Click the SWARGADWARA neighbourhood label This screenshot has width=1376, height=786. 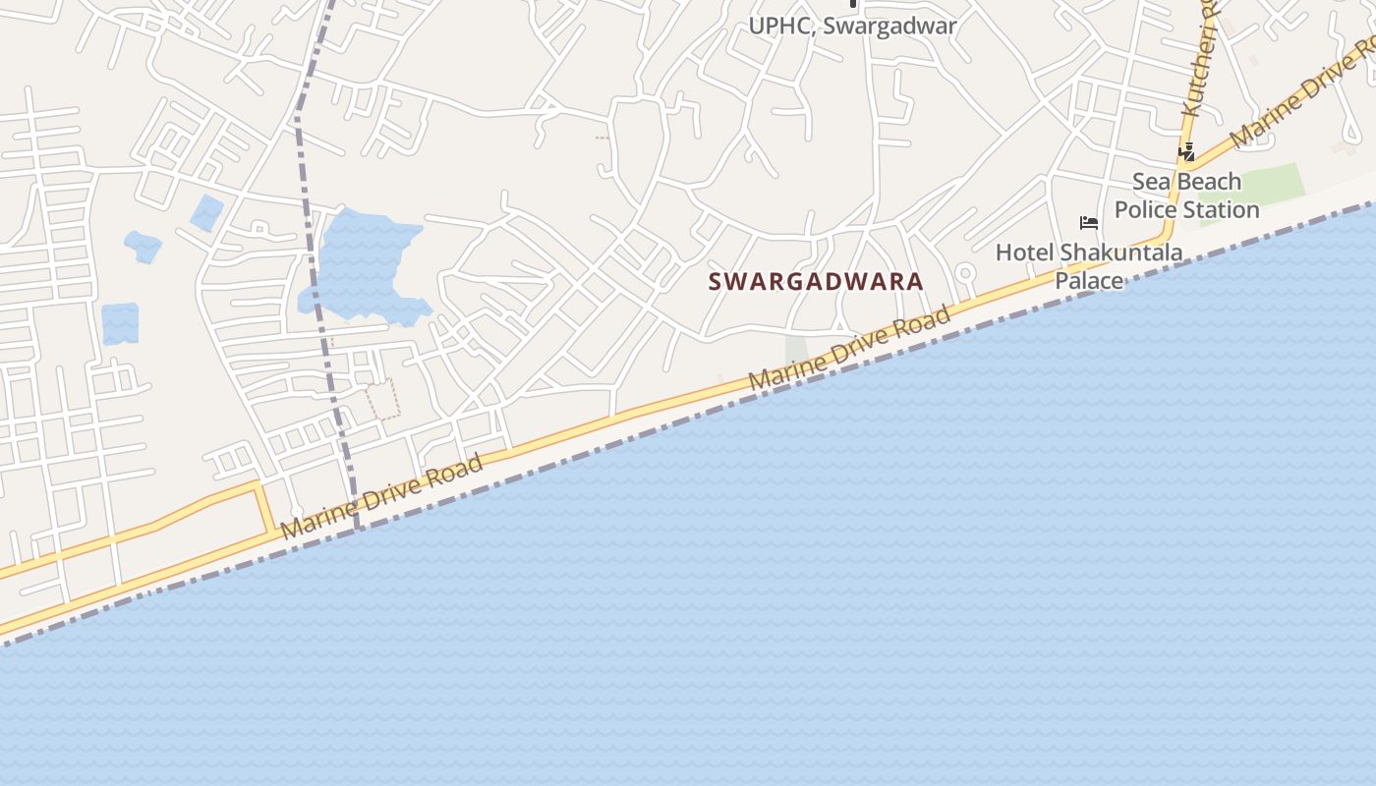[816, 281]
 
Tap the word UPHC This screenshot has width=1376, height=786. [781, 27]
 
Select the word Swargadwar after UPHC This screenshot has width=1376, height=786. [889, 27]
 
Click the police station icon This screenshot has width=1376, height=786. [1187, 152]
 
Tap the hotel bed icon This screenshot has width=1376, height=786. [1088, 223]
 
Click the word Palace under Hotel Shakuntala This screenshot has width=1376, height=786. [1089, 281]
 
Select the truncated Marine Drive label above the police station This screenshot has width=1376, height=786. [1302, 93]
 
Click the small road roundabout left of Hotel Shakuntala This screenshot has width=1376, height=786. [965, 273]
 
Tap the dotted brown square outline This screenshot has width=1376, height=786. [382, 399]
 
